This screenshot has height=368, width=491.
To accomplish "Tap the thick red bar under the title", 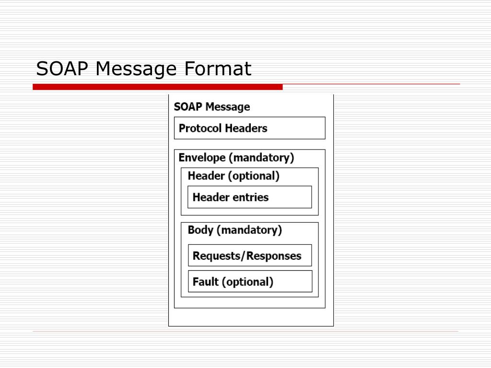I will (158, 87).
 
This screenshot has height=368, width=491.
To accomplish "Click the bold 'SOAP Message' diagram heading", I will (211, 107).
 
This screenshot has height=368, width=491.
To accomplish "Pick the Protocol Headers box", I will (249, 128).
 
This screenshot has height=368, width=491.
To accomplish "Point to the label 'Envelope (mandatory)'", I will (236, 158).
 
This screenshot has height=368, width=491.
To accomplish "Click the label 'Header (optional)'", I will (233, 176).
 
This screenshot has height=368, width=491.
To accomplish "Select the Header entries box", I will (249, 197).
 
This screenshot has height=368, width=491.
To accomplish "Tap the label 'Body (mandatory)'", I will (234, 230).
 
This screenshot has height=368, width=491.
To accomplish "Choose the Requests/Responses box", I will (249, 255).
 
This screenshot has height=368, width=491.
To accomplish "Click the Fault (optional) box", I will (249, 281).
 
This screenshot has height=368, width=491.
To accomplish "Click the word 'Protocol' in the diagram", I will (200, 128).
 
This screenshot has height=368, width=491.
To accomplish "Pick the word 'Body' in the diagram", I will (200, 230).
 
